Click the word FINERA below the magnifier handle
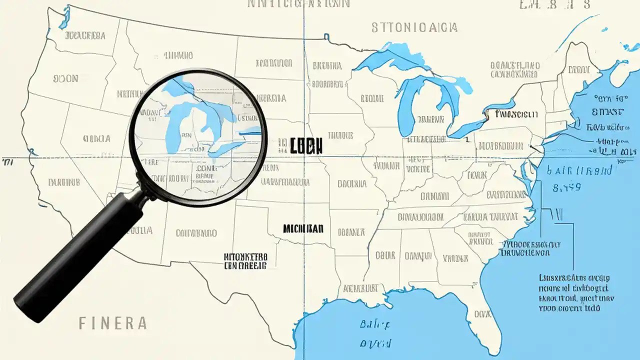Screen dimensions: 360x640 [112, 323]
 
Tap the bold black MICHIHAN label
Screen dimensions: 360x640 [303, 229]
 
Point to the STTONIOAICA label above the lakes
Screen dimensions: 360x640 [414, 27]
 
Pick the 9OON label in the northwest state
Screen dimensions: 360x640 [65, 78]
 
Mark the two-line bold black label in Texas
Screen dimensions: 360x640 [245, 261]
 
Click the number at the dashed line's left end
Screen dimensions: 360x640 [7, 161]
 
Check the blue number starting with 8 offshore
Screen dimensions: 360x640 [566, 187]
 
